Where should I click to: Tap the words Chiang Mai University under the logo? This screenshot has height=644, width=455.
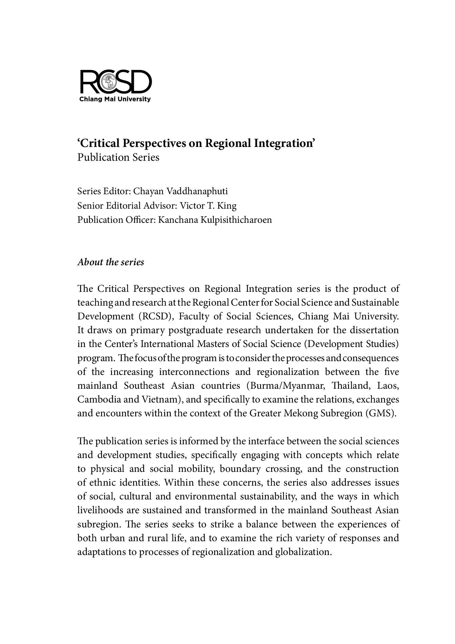coord(115,100)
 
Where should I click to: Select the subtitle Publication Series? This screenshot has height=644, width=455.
coord(118,157)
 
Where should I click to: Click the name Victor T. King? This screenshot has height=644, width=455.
coord(208,206)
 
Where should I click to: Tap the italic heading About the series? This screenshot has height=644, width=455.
coord(111,262)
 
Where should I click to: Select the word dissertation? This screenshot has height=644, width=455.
coord(374,330)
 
